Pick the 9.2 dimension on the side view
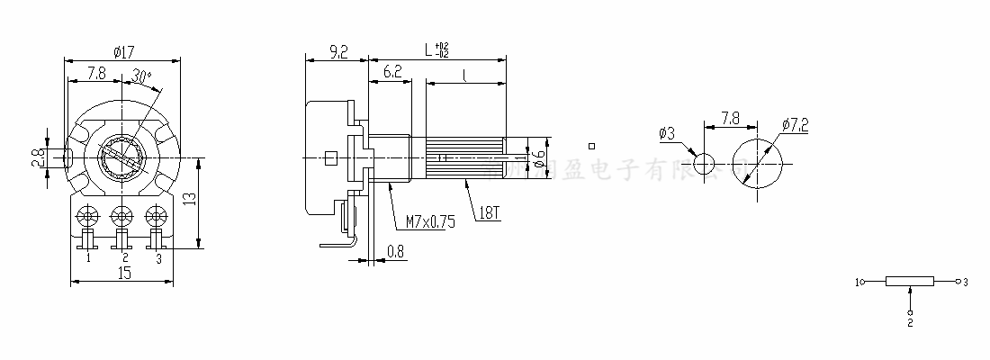click(338, 53)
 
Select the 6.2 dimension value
click(391, 71)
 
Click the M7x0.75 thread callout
click(430, 220)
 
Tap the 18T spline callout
click(490, 213)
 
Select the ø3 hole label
click(668, 133)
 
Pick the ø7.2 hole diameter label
click(796, 125)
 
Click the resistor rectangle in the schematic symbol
click(910, 282)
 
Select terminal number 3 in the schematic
click(965, 282)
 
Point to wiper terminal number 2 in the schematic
click(910, 321)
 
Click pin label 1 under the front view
click(88, 258)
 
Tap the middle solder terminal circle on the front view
click(121, 216)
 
